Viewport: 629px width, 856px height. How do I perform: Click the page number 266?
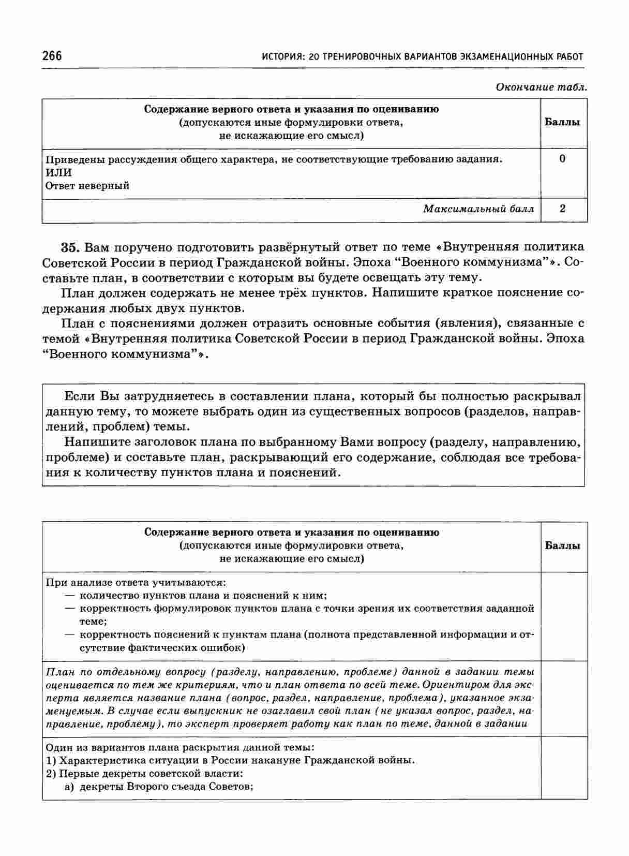(x=52, y=56)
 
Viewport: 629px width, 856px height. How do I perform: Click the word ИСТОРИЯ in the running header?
(x=281, y=56)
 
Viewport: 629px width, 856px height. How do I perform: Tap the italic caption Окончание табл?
(x=541, y=86)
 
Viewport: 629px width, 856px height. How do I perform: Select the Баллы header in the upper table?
(x=563, y=122)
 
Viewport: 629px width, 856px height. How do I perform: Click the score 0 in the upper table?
(x=563, y=159)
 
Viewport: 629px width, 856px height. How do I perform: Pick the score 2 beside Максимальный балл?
(x=563, y=209)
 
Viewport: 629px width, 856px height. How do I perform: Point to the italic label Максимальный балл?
(x=478, y=209)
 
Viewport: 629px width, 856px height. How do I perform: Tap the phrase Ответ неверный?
(x=87, y=185)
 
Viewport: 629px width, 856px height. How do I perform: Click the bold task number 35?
(x=70, y=246)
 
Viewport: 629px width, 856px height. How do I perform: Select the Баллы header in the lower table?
(x=563, y=545)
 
